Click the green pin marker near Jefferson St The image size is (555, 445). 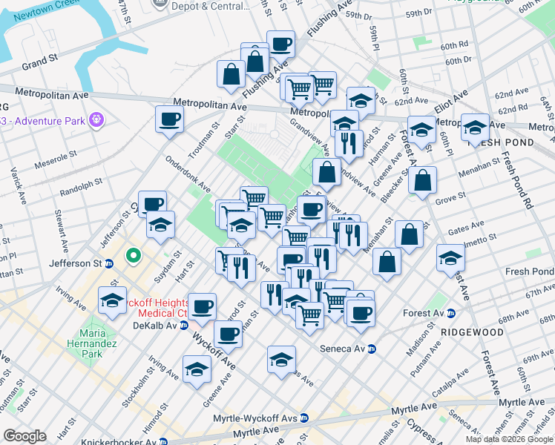pos(134,256)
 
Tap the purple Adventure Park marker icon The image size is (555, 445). pos(96,119)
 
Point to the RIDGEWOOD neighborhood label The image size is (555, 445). pos(471,332)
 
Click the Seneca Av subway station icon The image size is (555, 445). pos(372,349)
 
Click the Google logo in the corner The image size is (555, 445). pos(24,435)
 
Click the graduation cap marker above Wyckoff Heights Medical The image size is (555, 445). pos(112,300)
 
